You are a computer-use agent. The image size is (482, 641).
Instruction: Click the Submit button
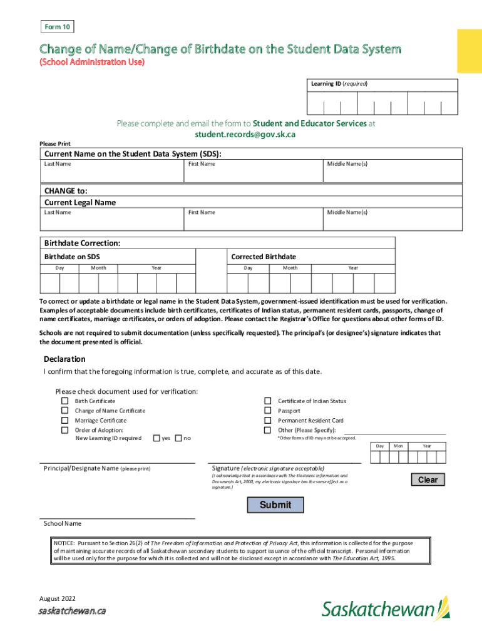click(275, 505)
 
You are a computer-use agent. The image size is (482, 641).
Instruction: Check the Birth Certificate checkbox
click(64, 401)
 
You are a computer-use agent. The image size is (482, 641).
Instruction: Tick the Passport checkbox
click(267, 411)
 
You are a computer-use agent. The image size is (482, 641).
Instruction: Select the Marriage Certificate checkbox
click(64, 421)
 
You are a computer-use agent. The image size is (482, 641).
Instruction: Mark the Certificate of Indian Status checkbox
click(267, 401)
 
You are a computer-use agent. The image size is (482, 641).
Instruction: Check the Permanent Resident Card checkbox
click(267, 421)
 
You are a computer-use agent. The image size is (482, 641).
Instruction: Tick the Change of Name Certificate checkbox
click(64, 411)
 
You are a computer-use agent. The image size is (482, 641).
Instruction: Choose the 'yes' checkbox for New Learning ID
click(156, 438)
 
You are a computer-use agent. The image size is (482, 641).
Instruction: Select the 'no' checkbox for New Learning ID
click(178, 438)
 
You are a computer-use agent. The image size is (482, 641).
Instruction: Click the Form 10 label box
click(58, 26)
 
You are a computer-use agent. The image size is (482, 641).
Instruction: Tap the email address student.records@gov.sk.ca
click(245, 134)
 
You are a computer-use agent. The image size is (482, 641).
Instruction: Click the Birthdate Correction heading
click(82, 243)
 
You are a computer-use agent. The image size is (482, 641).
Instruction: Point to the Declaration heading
click(64, 359)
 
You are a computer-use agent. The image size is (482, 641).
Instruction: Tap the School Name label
click(62, 523)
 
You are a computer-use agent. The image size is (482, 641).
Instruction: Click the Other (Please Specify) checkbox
click(267, 430)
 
